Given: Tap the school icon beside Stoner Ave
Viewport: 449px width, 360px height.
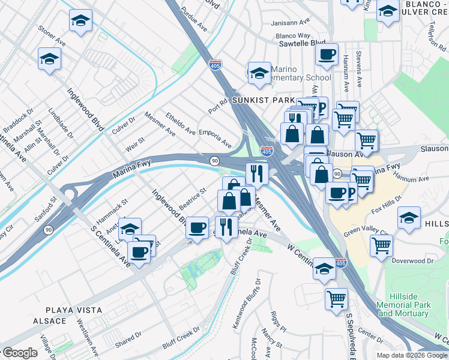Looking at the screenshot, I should coord(80,22).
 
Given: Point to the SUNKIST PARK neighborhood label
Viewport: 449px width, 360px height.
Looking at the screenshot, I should coord(256,100).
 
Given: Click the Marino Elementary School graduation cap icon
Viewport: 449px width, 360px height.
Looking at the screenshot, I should coord(259,73).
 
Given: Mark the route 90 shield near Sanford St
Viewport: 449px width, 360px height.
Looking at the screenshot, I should coord(47,229).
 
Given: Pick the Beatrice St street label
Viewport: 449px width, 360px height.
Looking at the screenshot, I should coord(192,199).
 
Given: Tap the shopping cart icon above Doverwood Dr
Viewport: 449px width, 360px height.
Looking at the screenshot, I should coord(382,245).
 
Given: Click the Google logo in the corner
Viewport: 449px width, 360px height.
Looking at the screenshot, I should coord(19,353).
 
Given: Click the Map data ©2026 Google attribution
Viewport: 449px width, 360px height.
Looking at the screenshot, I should coord(412,355).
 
